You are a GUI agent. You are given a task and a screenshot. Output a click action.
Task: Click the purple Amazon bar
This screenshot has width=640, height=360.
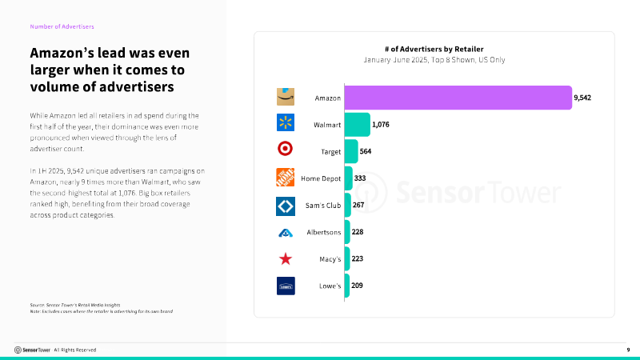point(458,98)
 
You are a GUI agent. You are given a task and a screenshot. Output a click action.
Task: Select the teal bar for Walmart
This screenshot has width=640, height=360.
point(357,125)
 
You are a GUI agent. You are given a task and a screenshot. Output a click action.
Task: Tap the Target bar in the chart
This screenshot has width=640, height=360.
point(351,151)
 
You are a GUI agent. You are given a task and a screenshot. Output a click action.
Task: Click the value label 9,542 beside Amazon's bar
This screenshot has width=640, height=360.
point(582,98)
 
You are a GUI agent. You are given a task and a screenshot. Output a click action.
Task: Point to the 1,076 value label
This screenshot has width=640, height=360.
point(381,125)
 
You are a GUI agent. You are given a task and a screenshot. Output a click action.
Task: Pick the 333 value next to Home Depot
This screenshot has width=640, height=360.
point(360,178)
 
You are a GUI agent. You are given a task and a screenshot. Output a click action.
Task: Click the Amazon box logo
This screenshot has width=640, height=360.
point(286,97)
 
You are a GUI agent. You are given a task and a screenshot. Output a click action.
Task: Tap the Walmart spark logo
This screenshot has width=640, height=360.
point(286,122)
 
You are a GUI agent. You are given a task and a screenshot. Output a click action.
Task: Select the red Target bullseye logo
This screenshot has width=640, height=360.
point(285,149)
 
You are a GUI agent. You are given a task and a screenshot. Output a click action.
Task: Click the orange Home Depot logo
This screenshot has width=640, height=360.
point(286,177)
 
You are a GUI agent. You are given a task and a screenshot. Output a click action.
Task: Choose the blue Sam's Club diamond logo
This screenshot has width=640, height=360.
point(286,206)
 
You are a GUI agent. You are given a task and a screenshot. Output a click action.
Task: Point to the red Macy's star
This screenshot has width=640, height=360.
point(286,258)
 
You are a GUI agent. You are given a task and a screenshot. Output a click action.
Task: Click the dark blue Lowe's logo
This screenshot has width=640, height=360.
point(286,286)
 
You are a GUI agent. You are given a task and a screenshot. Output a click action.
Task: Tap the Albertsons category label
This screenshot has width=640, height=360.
point(324,232)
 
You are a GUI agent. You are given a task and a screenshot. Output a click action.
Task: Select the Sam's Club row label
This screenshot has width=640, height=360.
point(323,206)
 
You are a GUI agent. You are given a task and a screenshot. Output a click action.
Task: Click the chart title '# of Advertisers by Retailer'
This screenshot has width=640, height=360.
point(434,50)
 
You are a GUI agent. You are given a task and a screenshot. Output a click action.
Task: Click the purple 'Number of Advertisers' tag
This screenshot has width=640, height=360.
point(62,26)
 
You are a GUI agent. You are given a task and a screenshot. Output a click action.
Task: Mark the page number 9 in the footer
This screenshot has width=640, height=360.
point(628,350)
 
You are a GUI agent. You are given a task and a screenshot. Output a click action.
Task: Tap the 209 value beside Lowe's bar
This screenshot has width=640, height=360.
point(357,286)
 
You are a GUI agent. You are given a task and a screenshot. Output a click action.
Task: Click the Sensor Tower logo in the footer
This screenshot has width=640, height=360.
point(32,350)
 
